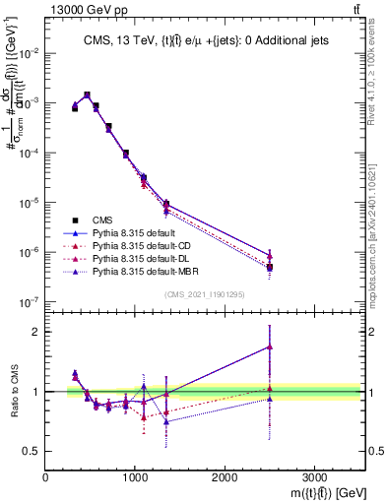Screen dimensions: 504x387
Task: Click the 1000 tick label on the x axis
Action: [x=135, y=476]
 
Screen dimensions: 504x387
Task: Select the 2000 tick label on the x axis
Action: [x=225, y=476]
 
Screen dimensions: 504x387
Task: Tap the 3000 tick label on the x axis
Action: [x=314, y=476]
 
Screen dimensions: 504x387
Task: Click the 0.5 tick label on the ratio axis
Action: [x=32, y=451]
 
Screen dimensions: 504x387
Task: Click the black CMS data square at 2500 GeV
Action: [x=269, y=267]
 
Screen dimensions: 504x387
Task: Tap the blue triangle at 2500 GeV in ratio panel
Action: [x=269, y=346]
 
